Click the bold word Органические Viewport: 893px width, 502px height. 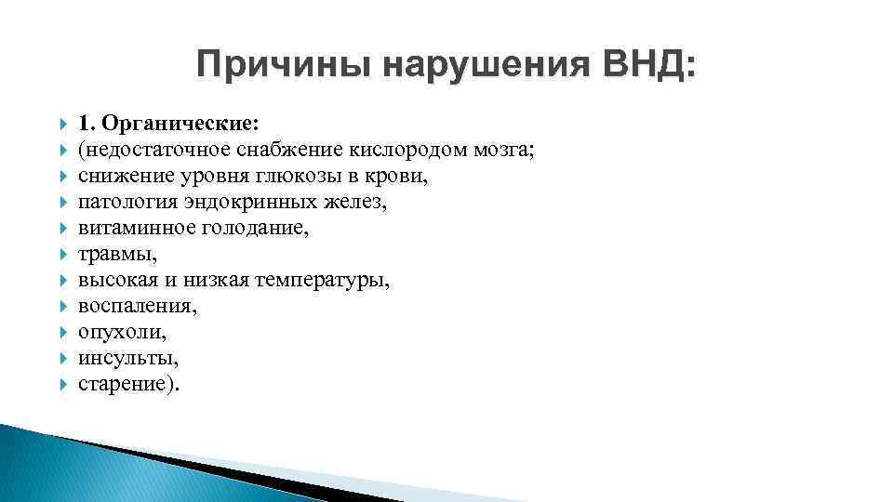[181, 123]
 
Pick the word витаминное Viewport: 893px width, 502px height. [125, 228]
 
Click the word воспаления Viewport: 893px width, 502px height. [136, 306]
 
